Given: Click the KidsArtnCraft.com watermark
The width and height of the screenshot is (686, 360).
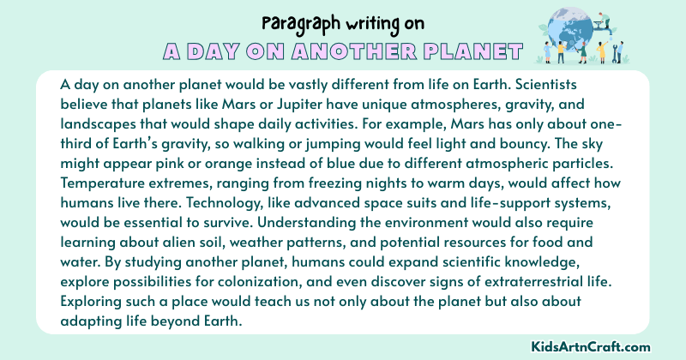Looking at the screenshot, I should pyautogui.click(x=616, y=345).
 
